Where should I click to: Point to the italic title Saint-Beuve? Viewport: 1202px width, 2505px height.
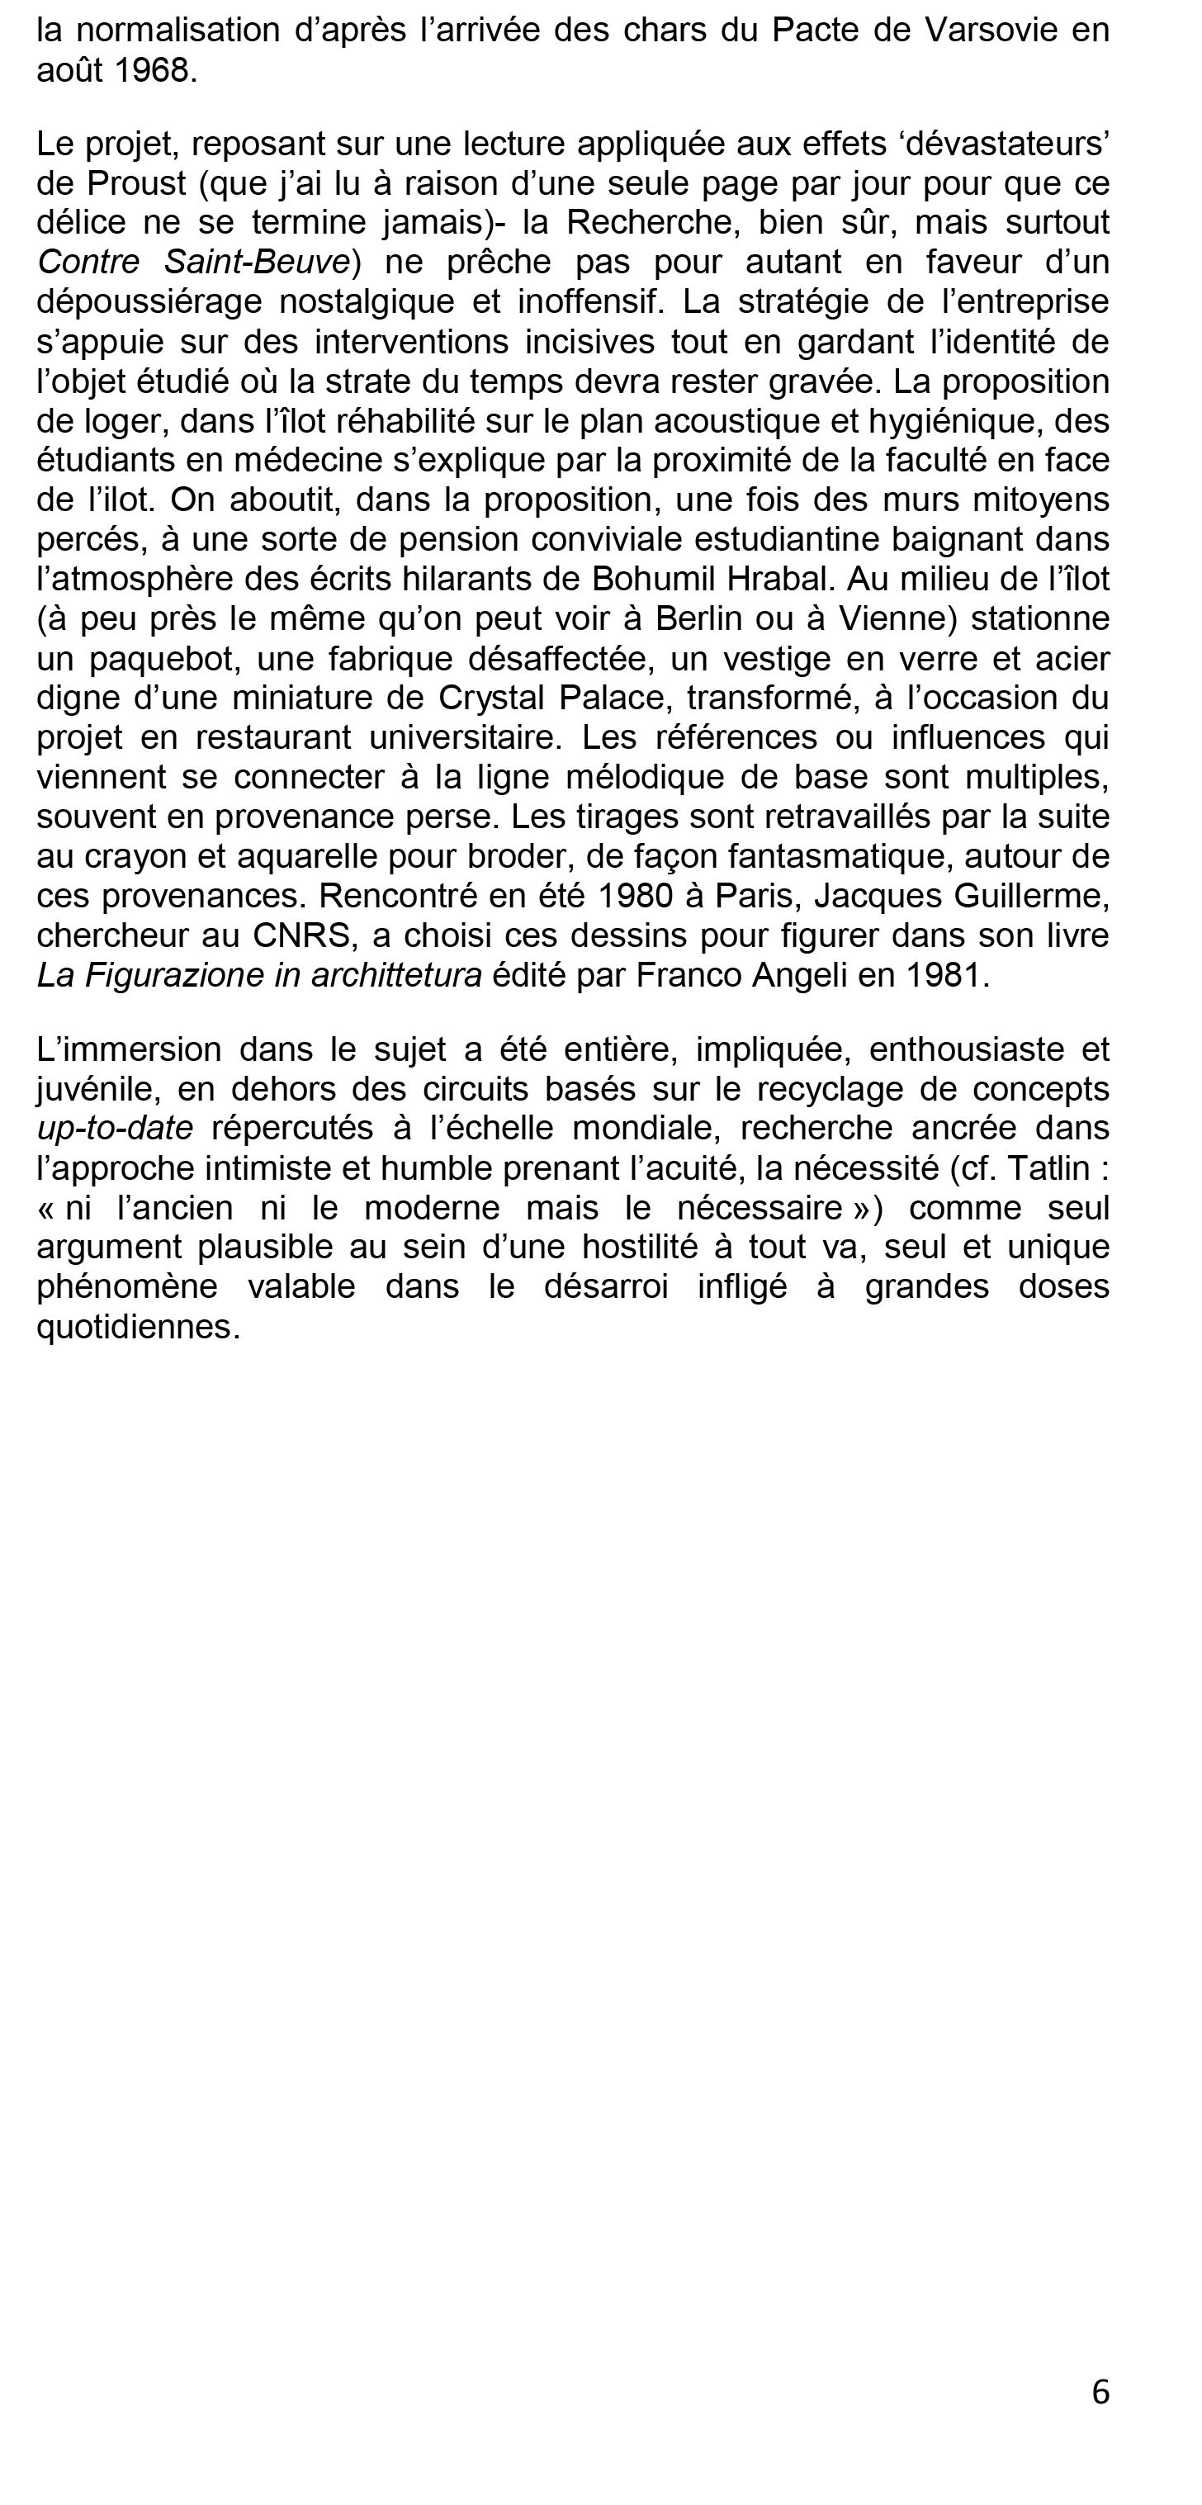(257, 262)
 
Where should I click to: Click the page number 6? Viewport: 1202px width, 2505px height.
(1100, 2391)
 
